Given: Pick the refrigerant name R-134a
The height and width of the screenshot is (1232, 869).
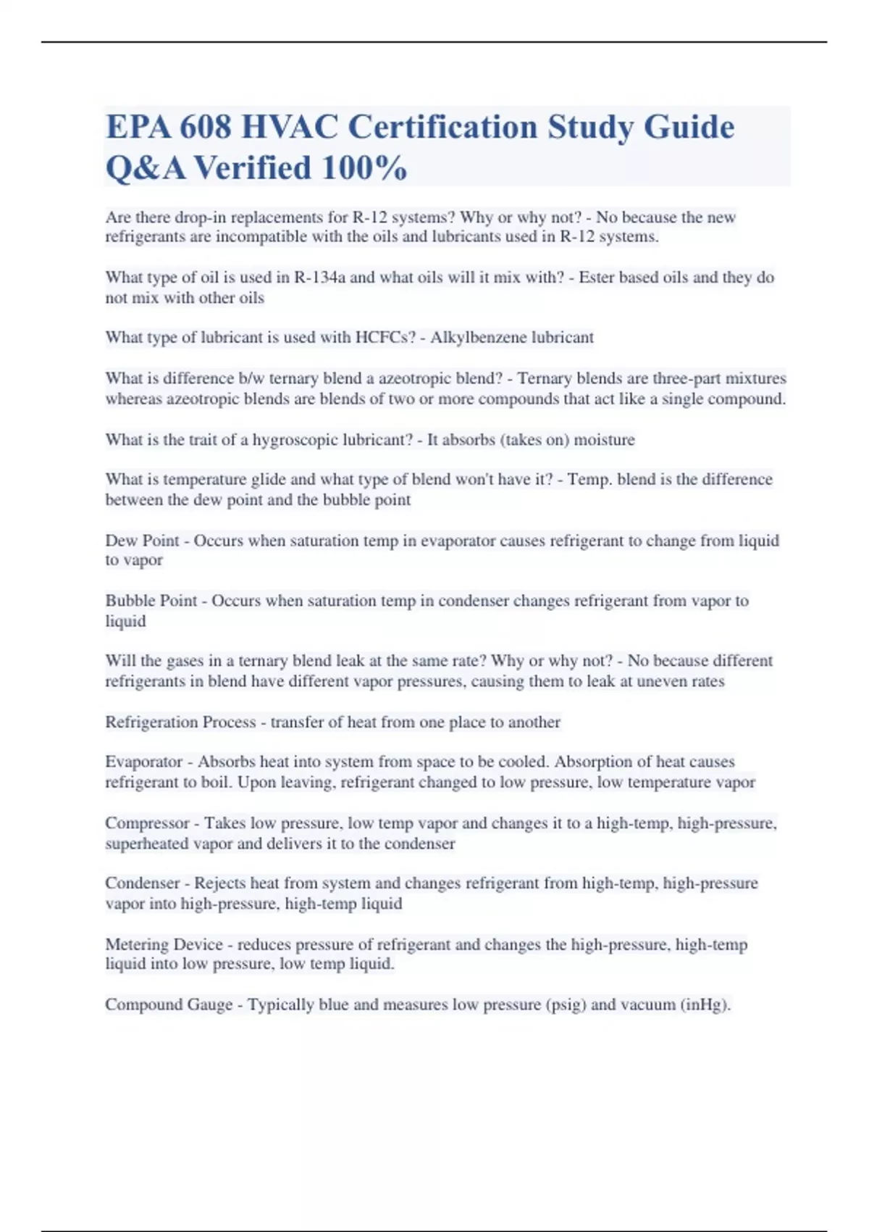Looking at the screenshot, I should pos(319,278).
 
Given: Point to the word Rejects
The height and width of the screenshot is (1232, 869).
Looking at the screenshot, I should pos(219,883).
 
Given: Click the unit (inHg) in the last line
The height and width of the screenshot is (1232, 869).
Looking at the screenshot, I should pos(705,1005).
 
